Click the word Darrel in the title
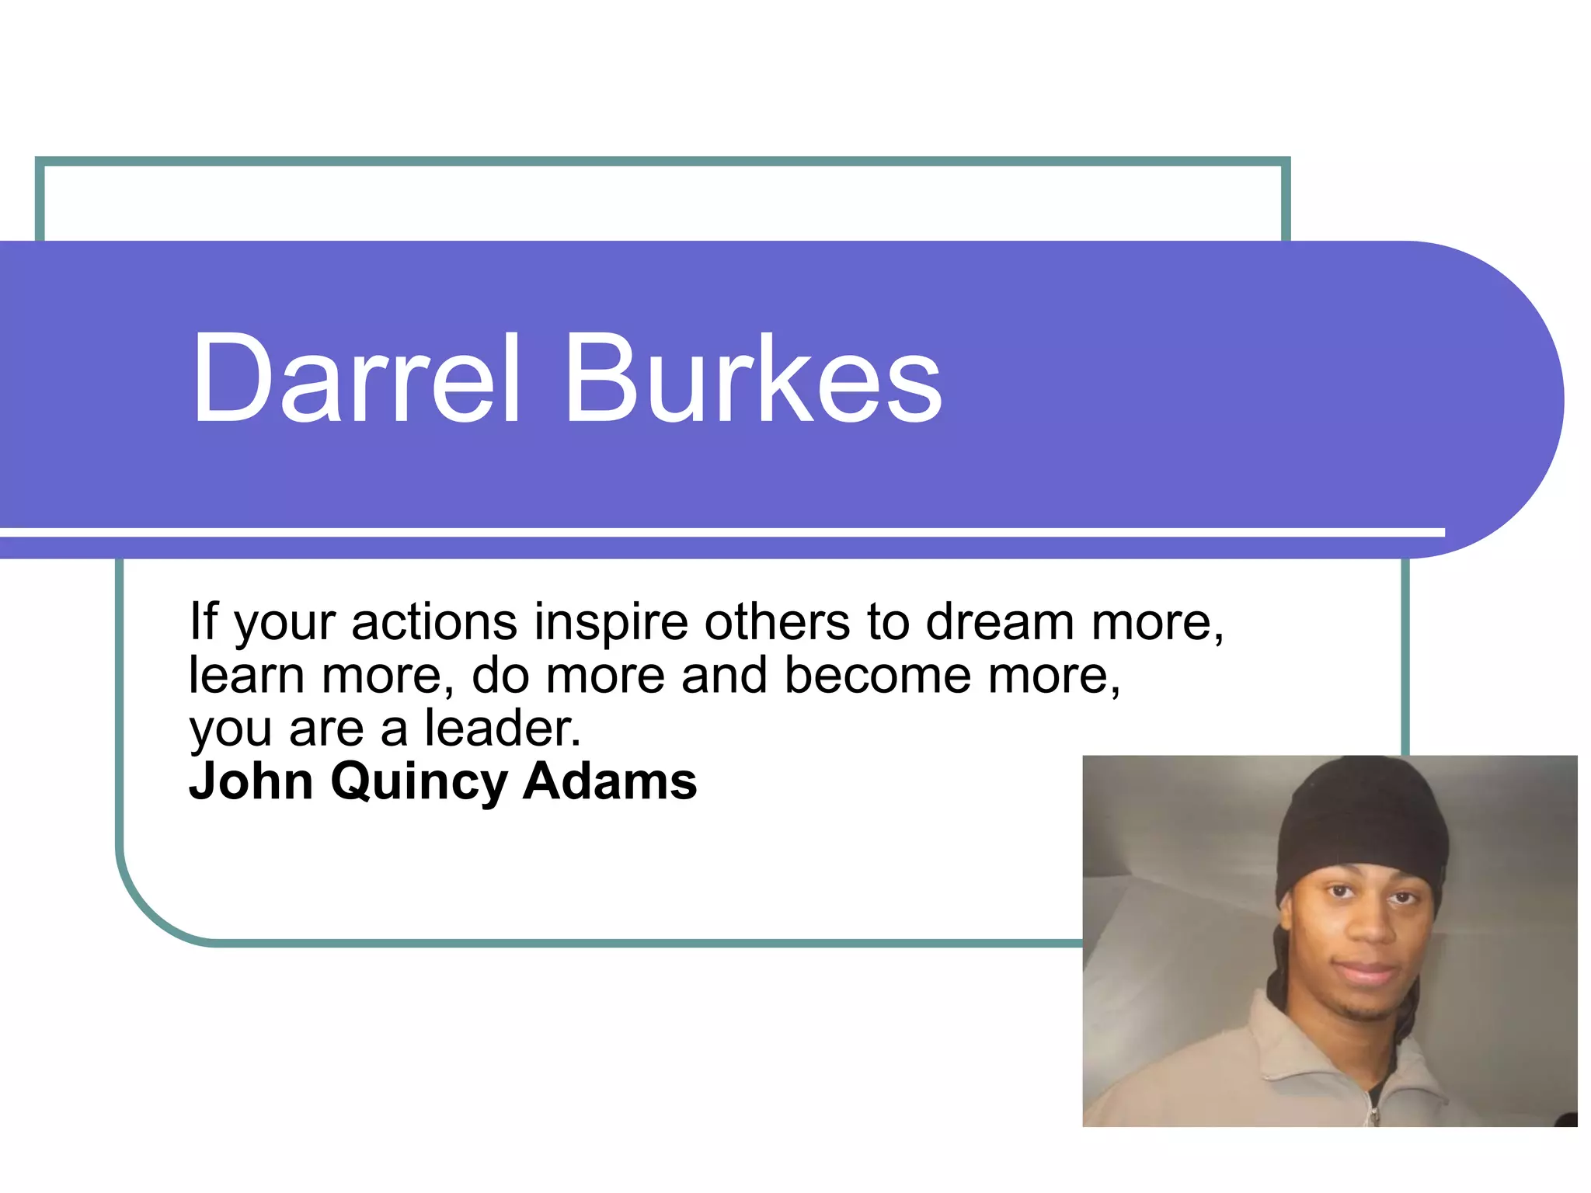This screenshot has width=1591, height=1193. click(x=355, y=378)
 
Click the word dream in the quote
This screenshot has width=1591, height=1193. click(x=1000, y=623)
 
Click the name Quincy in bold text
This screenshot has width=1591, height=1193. click(x=419, y=783)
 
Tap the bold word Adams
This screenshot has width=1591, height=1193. click(x=610, y=781)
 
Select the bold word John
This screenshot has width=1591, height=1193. click(x=251, y=781)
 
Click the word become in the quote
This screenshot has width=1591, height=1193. click(x=877, y=676)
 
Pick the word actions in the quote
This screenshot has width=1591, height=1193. click(x=434, y=623)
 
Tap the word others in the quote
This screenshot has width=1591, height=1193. click(x=777, y=623)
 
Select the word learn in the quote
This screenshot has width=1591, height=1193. click(x=246, y=676)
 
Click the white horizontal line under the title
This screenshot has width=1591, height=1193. click(x=699, y=532)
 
